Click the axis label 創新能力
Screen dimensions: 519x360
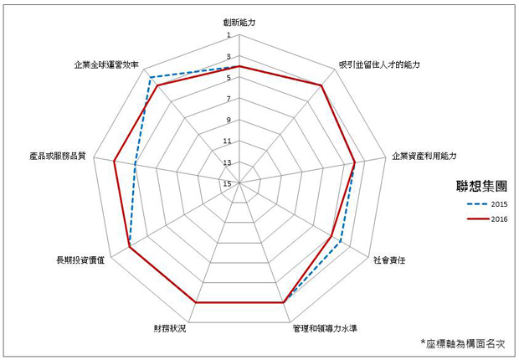(239, 23)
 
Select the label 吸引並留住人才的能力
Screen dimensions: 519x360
(379, 64)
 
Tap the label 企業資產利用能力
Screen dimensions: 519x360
(424, 156)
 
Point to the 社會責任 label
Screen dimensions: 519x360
(389, 260)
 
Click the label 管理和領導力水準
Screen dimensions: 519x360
(325, 328)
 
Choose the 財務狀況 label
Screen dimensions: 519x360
(170, 328)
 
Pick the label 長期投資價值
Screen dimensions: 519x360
(80, 260)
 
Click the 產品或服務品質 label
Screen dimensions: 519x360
(57, 156)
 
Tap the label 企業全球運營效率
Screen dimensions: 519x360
(106, 64)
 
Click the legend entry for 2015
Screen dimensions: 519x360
(487, 204)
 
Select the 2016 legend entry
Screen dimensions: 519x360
(487, 219)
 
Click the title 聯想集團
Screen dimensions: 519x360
(481, 186)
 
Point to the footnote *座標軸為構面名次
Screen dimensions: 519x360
(463, 343)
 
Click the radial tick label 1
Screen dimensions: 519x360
(229, 35)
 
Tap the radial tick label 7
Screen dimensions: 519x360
(229, 99)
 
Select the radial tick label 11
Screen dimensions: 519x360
(227, 141)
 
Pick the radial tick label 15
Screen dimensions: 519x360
(227, 183)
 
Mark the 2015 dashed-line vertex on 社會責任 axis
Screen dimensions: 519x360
(340, 242)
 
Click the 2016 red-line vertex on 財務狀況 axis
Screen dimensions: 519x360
(196, 302)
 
